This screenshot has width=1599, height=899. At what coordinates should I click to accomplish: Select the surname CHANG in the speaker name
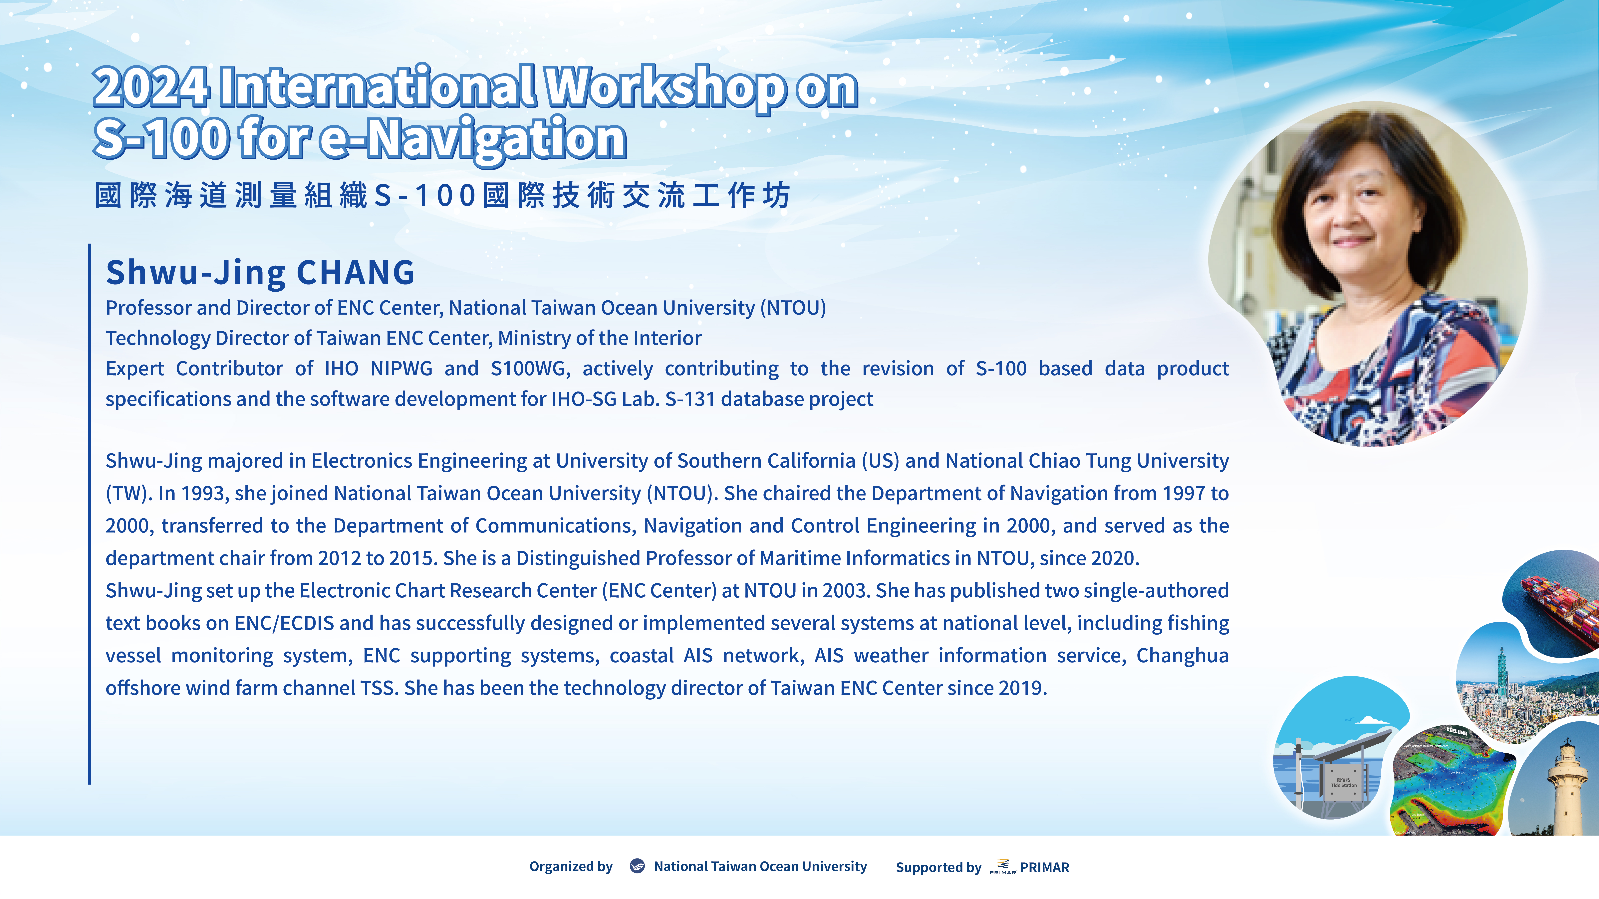coord(356,272)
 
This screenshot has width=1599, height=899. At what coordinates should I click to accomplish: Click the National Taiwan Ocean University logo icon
coord(637,866)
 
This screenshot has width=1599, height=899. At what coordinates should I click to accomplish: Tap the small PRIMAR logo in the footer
coord(1002,867)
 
